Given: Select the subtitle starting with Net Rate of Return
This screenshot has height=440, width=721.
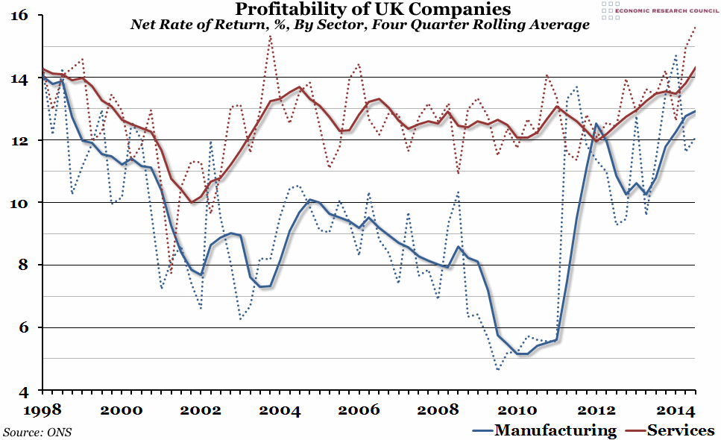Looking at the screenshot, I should pos(360,25).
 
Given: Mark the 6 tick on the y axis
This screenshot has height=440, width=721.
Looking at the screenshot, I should pos(23,327).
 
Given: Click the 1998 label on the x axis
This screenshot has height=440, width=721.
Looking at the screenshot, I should pos(42,410).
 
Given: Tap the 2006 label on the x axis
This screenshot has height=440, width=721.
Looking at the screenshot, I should pos(362,410).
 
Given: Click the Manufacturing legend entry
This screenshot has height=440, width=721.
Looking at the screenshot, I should pos(545,430).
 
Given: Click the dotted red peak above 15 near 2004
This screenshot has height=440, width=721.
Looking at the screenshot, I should pos(270,37).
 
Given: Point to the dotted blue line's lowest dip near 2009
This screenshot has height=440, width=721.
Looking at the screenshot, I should pos(498,369).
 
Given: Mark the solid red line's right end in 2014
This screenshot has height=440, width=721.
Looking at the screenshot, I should pos(696,67).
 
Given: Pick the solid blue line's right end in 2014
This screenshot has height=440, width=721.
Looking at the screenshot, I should pos(696,111).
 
